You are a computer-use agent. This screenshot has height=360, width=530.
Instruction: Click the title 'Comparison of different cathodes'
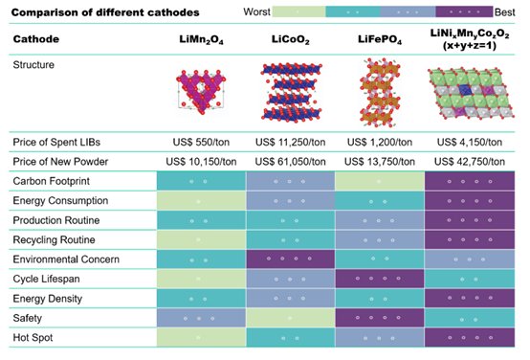tap(105, 12)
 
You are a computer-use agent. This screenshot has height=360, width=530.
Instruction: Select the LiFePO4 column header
tap(380, 40)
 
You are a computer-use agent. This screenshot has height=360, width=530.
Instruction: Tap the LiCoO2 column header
tap(290, 40)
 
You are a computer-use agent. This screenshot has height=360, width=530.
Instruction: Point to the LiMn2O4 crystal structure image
tap(202, 90)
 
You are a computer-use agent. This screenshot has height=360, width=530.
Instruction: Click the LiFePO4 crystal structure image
tap(380, 93)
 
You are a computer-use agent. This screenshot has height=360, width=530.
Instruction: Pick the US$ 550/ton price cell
tap(201, 142)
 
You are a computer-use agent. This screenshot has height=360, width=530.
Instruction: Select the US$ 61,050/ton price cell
tap(290, 162)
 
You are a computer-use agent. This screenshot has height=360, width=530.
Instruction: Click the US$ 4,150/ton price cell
tap(470, 142)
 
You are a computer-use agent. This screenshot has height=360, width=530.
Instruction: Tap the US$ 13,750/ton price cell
tap(380, 162)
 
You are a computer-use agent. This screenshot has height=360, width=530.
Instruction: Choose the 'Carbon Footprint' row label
tap(52, 181)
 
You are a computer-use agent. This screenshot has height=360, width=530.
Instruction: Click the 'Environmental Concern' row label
tap(66, 259)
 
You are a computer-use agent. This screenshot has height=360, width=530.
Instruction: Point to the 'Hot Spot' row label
tap(33, 338)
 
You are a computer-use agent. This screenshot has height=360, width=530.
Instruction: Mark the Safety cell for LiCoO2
tap(290, 318)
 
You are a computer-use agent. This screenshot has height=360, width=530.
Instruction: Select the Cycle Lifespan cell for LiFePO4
tap(380, 279)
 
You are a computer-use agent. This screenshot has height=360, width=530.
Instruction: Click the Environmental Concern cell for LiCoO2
tap(290, 259)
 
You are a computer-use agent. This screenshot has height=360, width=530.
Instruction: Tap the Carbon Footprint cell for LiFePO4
tap(380, 181)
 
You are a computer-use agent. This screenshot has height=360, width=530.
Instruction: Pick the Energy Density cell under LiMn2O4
tap(201, 299)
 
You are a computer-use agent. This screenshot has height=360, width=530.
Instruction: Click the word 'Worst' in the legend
tap(257, 11)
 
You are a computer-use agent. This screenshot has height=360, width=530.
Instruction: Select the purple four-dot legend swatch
tap(464, 11)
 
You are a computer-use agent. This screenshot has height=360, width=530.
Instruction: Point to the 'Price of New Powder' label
tap(60, 162)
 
